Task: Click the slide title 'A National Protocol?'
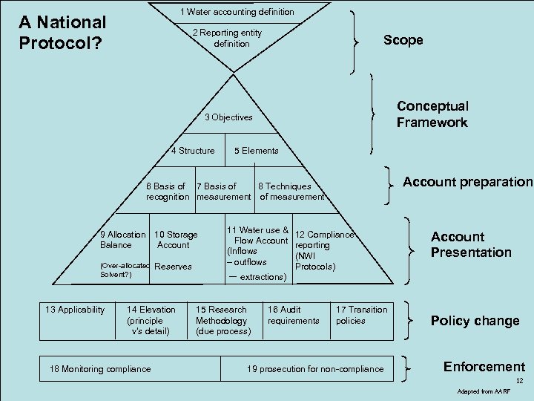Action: pos(62,33)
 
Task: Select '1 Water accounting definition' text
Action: pos(237,12)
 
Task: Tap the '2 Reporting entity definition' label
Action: pos(227,39)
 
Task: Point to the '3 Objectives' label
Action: pos(228,117)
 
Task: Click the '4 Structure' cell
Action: pos(193,151)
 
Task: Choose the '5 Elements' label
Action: pos(257,151)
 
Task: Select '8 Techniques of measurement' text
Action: pos(291,192)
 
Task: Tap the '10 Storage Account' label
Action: pos(175,240)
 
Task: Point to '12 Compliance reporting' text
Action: pos(323,240)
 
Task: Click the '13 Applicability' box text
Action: pos(75,310)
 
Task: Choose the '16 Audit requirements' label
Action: pos(293,315)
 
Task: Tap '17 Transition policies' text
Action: pos(361,315)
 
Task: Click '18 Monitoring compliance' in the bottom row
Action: pos(100,369)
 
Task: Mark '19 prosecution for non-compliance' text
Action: pos(315,369)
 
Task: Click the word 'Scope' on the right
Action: pos(403,40)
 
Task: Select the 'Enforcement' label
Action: pos(484,367)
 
